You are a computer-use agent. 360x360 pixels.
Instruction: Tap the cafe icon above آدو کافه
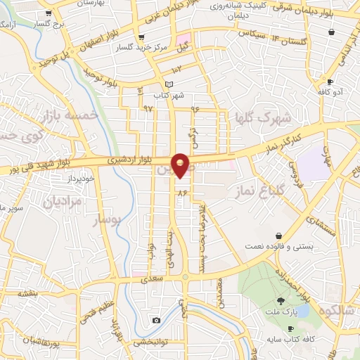(x=330, y=82)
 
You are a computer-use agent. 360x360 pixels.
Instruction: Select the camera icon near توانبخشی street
(x=155, y=321)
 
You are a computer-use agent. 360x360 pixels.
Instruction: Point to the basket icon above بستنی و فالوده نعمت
(x=280, y=235)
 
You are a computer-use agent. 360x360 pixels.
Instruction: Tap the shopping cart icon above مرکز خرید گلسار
(x=142, y=37)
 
